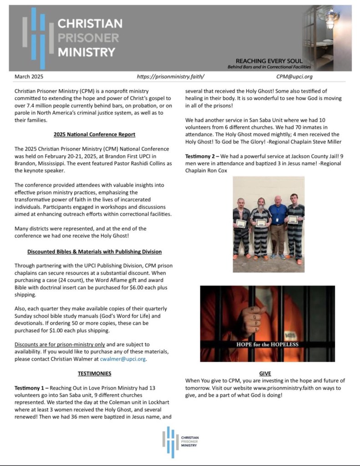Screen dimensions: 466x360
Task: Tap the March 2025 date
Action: (29, 77)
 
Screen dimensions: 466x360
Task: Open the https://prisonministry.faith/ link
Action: (171, 77)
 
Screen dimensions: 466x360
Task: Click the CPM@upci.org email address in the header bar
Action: (294, 77)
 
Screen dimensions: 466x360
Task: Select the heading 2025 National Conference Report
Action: (94, 134)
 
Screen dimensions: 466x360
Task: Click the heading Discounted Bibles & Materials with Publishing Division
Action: (94, 251)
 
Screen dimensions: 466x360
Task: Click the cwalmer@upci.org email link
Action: (129, 359)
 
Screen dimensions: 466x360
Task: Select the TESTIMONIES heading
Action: (94, 374)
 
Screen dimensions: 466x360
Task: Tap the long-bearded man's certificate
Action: (261, 223)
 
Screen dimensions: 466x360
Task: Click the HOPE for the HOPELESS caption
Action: (267, 344)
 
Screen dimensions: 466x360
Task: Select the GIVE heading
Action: (265, 374)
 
